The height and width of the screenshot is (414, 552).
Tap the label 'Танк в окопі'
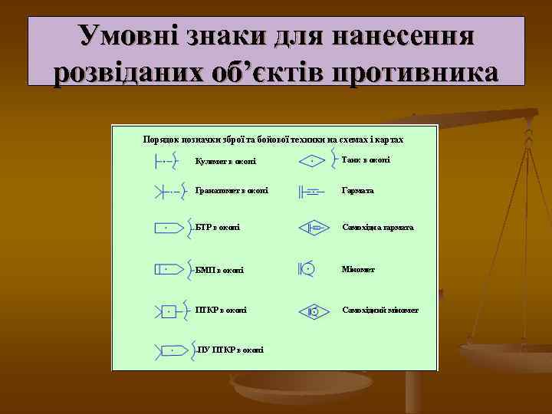tap(366, 159)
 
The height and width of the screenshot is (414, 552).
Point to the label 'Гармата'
tap(358, 190)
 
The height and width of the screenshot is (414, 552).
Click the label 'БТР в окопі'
tap(218, 227)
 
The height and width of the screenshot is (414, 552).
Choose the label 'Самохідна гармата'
tap(378, 228)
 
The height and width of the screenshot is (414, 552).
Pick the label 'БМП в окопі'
tap(220, 270)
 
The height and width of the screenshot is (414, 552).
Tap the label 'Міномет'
tap(359, 270)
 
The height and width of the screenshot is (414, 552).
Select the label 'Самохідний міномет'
tap(380, 310)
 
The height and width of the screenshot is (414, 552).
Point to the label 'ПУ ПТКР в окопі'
tap(230, 350)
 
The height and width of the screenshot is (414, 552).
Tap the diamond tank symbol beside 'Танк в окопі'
tap(313, 161)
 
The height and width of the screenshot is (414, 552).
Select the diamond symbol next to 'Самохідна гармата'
tap(314, 228)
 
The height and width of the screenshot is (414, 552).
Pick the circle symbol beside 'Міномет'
tap(307, 269)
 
